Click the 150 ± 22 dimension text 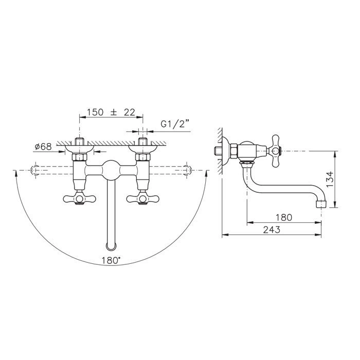pos(111,112)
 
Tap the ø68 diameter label pos(43,147)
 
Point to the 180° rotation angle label pos(111,260)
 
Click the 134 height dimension pos(330,179)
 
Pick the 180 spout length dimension pos(284,217)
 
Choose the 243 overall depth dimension pos(272,229)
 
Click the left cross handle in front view pos(79,199)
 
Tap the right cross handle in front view pos(143,199)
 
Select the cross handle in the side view pos(276,151)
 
